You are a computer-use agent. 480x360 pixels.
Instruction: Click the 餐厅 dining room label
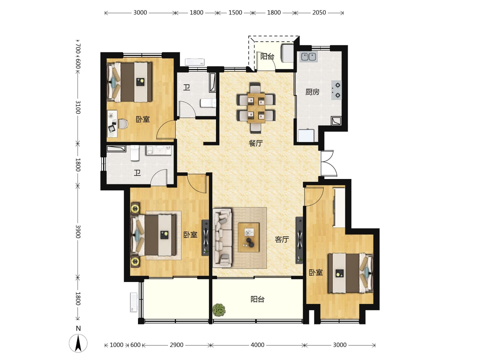[x=255, y=143]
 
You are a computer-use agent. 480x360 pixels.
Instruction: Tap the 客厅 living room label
[x=282, y=240]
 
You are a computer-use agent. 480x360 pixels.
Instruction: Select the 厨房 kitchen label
[x=312, y=92]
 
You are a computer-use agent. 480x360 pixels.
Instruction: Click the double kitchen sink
[x=308, y=57]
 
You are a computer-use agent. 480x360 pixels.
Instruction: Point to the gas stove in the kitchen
[x=336, y=90]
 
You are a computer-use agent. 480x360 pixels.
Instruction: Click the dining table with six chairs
[x=256, y=108]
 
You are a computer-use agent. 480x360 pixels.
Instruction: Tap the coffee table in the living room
[x=249, y=237]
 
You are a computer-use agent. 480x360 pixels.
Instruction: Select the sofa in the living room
[x=222, y=238]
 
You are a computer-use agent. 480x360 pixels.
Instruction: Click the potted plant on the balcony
[x=219, y=310]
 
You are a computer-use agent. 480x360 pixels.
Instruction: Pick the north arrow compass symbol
[x=78, y=343]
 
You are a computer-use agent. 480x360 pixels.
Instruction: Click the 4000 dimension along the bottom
[x=257, y=345]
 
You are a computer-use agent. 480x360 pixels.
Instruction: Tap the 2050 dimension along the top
[x=319, y=13]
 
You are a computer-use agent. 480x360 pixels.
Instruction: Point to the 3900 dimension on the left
[x=78, y=231]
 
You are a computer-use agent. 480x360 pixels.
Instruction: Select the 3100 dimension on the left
[x=78, y=107]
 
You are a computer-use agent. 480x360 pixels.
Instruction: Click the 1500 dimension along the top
[x=235, y=13]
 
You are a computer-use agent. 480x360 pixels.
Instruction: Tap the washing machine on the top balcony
[x=287, y=53]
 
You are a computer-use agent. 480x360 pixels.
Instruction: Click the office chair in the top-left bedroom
[x=123, y=124]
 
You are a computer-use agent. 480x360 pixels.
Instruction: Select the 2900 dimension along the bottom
[x=176, y=345]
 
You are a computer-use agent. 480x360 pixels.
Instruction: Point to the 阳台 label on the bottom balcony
[x=257, y=299]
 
